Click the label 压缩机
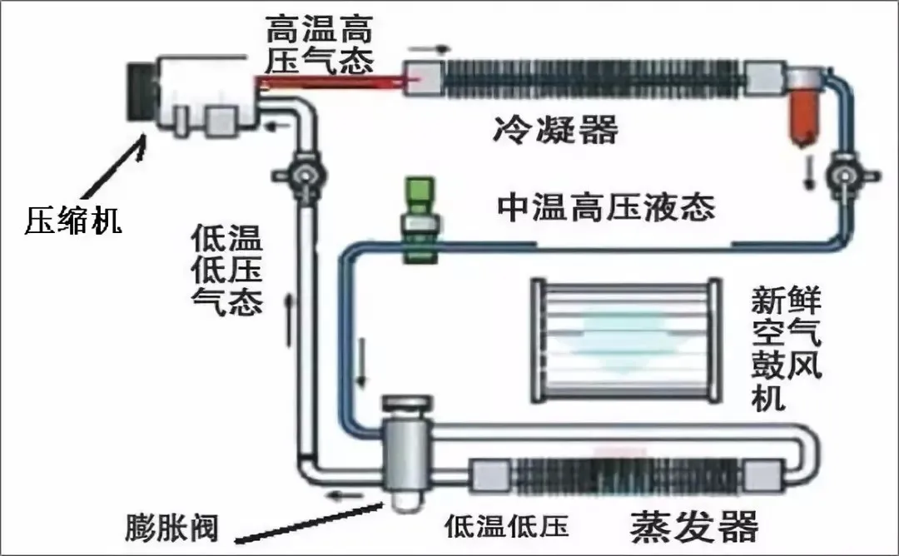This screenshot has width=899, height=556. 73,220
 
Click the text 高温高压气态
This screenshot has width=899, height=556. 319,44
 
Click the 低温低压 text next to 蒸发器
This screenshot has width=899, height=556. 505,526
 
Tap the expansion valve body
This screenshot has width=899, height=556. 402,450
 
